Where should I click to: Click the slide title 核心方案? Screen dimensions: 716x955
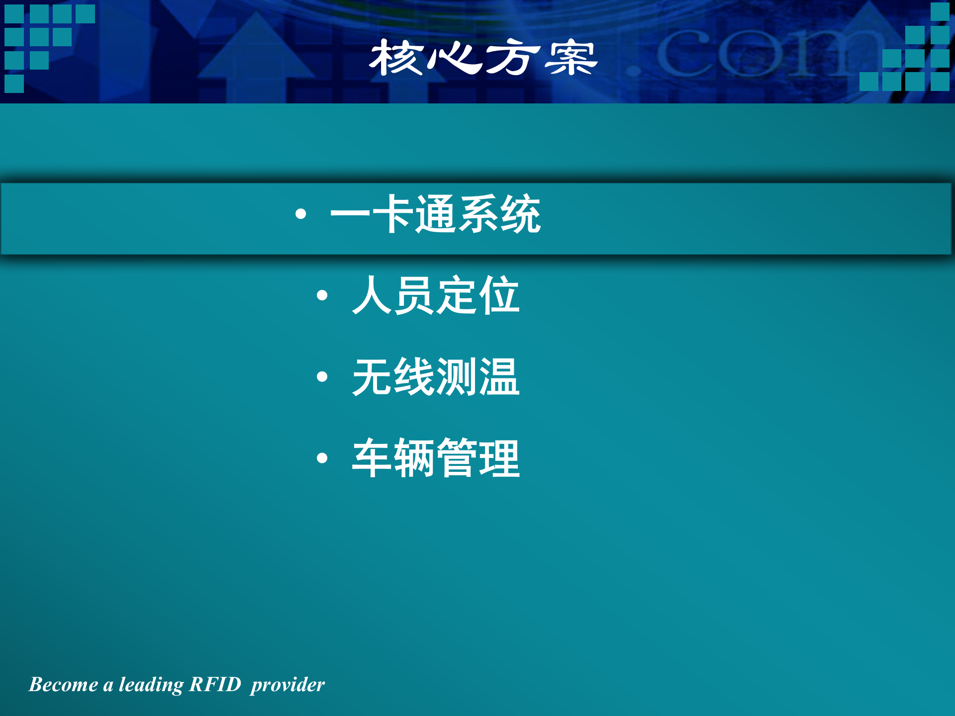tap(482, 58)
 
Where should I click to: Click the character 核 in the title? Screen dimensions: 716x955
tap(395, 58)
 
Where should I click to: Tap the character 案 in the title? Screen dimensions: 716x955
tap(571, 58)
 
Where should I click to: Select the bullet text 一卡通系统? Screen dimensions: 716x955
tap(435, 214)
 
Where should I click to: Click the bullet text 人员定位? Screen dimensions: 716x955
tap(435, 295)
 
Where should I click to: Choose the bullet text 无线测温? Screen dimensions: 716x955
tap(435, 377)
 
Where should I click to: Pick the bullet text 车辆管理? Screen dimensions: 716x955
tap(435, 458)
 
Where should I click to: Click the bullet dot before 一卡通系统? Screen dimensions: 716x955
tap(300, 214)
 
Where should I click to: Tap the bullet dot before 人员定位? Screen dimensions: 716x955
tap(322, 296)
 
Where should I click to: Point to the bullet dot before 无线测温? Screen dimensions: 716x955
tap(322, 377)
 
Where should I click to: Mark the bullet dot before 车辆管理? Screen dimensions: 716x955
tap(322, 458)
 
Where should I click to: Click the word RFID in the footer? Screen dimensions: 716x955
tap(215, 685)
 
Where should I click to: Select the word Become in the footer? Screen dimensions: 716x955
tap(63, 685)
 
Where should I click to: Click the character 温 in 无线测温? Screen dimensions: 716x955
tap(499, 377)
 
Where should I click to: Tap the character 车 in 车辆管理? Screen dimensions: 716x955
tap(372, 458)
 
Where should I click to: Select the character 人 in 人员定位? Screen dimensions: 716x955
tap(372, 295)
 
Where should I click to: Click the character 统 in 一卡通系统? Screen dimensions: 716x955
tap(520, 214)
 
